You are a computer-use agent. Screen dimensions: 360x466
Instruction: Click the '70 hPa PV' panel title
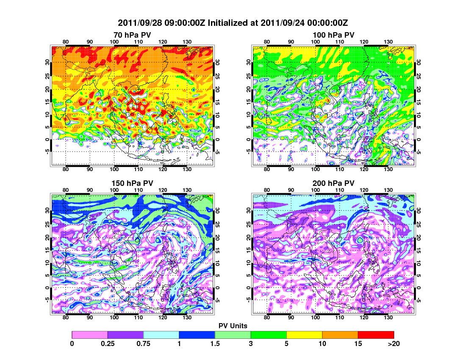pyautogui.click(x=132, y=35)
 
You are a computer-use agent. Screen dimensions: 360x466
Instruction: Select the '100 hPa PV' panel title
pyautogui.click(x=333, y=35)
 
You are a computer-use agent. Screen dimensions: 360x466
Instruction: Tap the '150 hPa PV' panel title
pyautogui.click(x=132, y=183)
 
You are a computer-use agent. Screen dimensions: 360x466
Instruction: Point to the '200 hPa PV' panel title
pyautogui.click(x=333, y=183)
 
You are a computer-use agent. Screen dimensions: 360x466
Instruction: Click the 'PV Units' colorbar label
pyautogui.click(x=233, y=326)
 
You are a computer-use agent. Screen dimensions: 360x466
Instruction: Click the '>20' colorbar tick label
pyautogui.click(x=394, y=343)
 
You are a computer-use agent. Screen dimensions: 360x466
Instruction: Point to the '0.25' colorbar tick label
pyautogui.click(x=108, y=343)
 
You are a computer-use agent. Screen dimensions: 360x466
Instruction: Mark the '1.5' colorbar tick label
pyautogui.click(x=215, y=343)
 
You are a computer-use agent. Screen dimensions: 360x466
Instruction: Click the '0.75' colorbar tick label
pyautogui.click(x=144, y=343)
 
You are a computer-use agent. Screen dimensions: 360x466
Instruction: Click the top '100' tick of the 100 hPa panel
pyautogui.click(x=316, y=42)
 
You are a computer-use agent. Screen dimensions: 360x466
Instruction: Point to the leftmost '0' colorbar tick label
pyautogui.click(x=72, y=343)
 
